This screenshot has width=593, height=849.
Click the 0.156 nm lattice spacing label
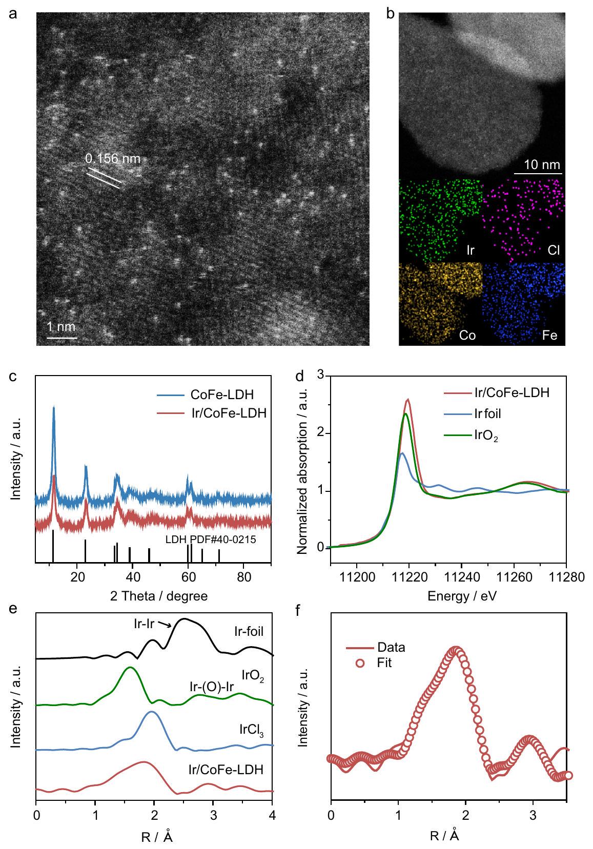pos(112,158)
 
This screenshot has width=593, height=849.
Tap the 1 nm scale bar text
pos(62,326)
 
